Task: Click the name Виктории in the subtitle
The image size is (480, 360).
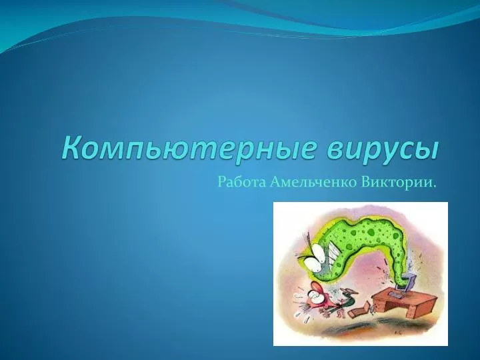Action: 396,183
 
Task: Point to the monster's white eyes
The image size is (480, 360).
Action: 315,259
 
